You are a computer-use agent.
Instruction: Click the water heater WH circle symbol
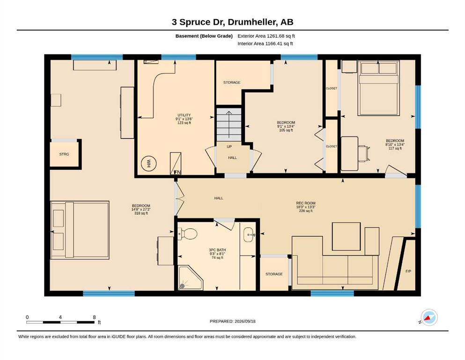point(149,163)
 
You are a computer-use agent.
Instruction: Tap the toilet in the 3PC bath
point(187,233)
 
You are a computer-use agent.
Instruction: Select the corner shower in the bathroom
point(191,278)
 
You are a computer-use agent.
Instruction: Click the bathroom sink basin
point(249,235)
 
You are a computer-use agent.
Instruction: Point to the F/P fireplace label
point(408,271)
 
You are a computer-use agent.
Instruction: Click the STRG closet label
point(64,154)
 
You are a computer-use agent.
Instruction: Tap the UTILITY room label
point(184,115)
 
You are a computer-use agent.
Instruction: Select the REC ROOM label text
point(306,203)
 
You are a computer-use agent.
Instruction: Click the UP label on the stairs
point(229,147)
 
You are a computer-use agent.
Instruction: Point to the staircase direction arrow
point(229,125)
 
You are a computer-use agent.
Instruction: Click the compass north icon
point(429,318)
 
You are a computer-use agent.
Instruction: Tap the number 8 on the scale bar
point(94,317)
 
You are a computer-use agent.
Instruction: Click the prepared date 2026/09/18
point(245,321)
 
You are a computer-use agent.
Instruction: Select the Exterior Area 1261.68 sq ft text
point(266,36)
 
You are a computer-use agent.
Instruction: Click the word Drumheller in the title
point(252,22)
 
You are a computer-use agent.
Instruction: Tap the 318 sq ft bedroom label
point(141,213)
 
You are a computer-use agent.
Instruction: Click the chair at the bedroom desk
point(364,153)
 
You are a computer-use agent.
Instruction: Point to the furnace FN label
point(177,172)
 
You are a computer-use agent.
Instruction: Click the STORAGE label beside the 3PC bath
point(274,274)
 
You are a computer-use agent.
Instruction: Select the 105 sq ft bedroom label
point(286,130)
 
